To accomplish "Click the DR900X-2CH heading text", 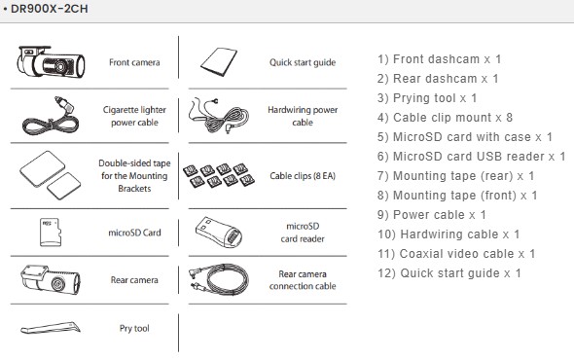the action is tap(50, 9).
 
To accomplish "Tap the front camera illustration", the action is tap(51, 62).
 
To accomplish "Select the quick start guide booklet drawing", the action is tap(219, 62).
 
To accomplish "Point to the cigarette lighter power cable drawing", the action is tap(50, 116).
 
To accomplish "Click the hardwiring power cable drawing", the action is tap(219, 116).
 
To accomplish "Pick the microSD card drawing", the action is tap(51, 233).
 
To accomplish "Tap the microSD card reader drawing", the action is tap(219, 233).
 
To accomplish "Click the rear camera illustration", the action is tap(51, 280).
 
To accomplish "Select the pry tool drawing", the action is tap(51, 328).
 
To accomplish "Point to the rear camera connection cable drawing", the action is tap(219, 280).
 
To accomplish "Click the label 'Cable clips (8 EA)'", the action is tap(303, 176).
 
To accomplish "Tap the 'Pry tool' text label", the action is tap(134, 328).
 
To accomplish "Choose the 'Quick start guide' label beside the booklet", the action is tap(303, 62).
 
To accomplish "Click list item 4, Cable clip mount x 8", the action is tap(445, 118).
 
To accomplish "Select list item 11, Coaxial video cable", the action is tap(456, 253).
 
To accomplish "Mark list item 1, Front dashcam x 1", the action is tap(440, 59).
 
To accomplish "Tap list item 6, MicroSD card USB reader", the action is tap(472, 157).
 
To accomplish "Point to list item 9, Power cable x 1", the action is tap(432, 215).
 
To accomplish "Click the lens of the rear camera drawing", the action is tap(57, 283).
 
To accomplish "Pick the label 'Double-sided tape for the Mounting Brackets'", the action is tap(134, 176).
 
